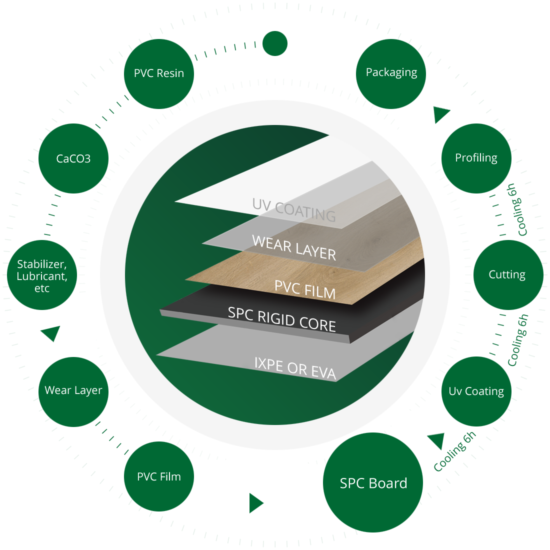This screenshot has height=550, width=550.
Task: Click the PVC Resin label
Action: pos(159,73)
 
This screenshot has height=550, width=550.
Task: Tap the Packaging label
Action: pos(391,72)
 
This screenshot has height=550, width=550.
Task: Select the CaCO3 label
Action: pos(73,159)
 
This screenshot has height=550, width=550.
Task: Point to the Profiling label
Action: pos(476,158)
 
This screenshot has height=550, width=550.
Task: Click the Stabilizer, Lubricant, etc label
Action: pos(42,276)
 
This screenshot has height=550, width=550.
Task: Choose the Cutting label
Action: pos(507,274)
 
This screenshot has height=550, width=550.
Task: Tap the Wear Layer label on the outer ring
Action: pos(73,390)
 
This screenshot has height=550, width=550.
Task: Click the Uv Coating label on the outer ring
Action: pos(476,391)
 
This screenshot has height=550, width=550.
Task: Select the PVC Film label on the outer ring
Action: pos(159,477)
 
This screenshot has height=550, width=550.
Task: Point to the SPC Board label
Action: pos(373,483)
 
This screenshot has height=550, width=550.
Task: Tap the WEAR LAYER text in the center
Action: pos(294,247)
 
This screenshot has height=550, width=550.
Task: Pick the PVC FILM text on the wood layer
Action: pos(305,289)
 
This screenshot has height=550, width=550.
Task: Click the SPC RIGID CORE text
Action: pos(281,319)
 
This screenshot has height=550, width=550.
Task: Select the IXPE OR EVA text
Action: pos(295,367)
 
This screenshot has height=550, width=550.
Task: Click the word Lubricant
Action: pos(42,276)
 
